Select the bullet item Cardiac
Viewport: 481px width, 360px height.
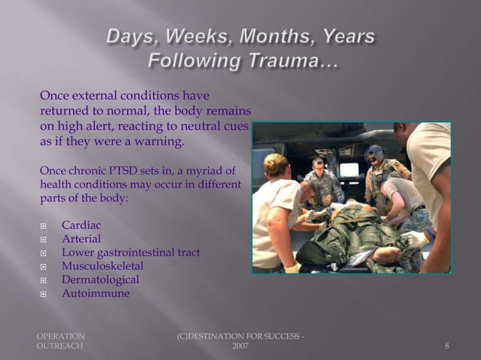81,225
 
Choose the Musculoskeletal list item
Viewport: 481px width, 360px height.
103,266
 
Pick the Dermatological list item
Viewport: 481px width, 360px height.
100,279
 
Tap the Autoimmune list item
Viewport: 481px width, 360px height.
96,293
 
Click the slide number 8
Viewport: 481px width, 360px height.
447,346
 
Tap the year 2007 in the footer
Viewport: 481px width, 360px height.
240,346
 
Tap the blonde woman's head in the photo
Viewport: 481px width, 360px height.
276,164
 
